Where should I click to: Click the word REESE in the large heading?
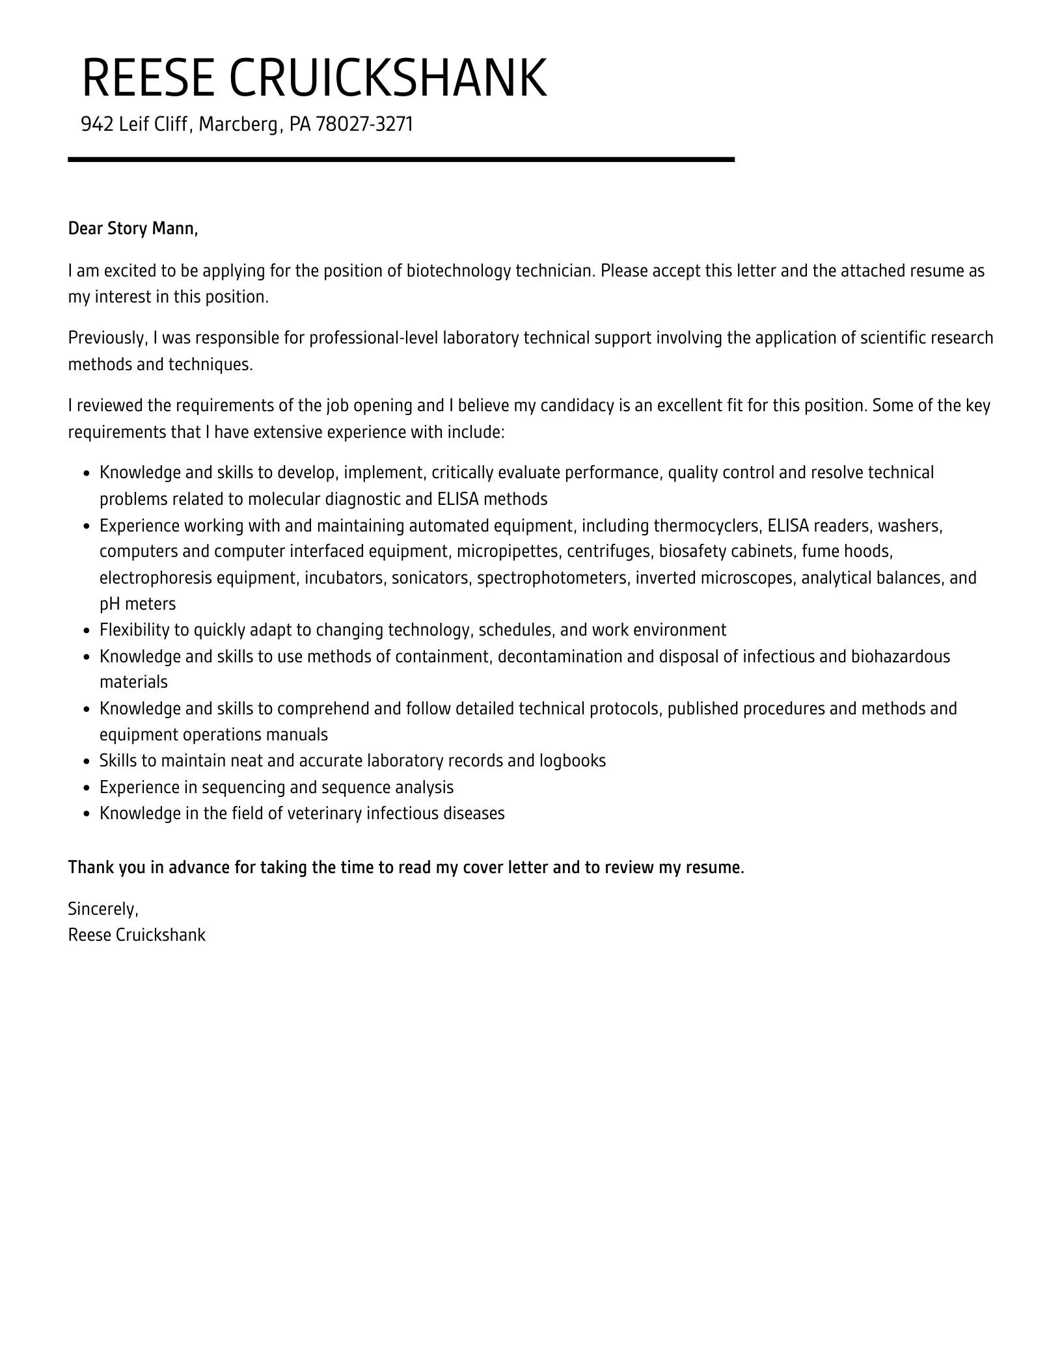[x=148, y=78]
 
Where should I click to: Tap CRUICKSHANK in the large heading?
[x=388, y=78]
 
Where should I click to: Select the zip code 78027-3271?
[x=364, y=124]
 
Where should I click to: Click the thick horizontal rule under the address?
[x=401, y=159]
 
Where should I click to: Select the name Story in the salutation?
[x=128, y=229]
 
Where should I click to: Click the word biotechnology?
[x=459, y=271]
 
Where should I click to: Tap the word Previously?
[x=108, y=338]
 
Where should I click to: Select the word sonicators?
[x=430, y=578]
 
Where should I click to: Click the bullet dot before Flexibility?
[x=87, y=631]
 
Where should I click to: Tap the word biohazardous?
[x=901, y=656]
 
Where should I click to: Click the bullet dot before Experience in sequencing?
[x=87, y=789]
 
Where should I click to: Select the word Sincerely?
[x=103, y=909]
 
